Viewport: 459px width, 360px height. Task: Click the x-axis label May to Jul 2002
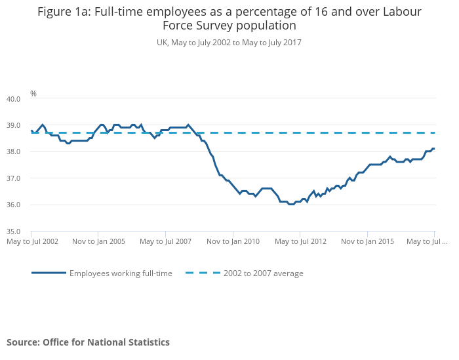point(31,241)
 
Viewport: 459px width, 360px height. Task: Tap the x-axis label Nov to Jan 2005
point(98,241)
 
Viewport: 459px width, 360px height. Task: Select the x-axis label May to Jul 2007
point(165,241)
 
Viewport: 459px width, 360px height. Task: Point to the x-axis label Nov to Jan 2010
point(233,241)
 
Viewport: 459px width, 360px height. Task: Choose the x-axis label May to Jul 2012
point(300,241)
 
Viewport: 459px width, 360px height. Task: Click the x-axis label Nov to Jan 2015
point(367,241)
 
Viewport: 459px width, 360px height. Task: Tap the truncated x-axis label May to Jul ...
point(427,241)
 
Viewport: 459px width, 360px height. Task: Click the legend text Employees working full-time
point(121,273)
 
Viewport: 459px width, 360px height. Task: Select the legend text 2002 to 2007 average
point(263,273)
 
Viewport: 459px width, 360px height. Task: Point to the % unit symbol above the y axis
point(33,94)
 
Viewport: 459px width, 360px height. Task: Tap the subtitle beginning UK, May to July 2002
point(229,43)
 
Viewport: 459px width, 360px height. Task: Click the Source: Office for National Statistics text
point(88,342)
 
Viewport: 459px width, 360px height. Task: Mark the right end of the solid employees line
point(434,148)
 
